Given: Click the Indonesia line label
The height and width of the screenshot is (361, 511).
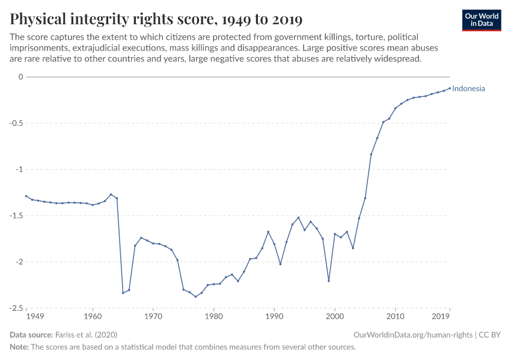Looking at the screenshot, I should click(468, 88).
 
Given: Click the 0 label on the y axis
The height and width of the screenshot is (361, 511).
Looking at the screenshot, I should click(20, 77).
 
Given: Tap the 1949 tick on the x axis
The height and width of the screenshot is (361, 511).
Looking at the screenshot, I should click(35, 316).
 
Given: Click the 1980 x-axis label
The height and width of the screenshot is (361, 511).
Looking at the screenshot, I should click(213, 316).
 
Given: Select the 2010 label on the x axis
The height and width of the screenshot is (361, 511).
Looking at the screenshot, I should click(395, 316).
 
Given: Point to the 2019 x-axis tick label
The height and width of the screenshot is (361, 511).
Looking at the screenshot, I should click(441, 316).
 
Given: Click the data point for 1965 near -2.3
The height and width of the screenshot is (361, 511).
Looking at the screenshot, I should click(123, 293).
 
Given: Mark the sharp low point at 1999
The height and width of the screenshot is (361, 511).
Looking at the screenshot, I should click(329, 281).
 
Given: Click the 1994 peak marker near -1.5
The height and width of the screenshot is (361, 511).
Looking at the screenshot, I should click(298, 218).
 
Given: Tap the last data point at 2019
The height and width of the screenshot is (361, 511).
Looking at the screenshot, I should click(450, 88).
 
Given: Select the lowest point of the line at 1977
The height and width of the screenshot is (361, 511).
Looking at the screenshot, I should click(195, 297).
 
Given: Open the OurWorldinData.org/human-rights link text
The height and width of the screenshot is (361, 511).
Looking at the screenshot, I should click(413, 335).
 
